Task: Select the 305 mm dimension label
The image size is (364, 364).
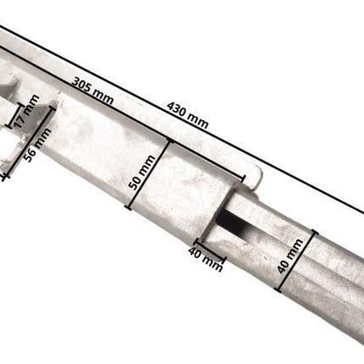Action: pyautogui.click(x=92, y=94)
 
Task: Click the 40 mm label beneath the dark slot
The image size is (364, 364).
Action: pyautogui.click(x=206, y=258)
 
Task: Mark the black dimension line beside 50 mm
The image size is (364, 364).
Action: pyautogui.click(x=148, y=174)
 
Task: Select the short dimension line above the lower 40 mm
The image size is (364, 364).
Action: pyautogui.click(x=209, y=248)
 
